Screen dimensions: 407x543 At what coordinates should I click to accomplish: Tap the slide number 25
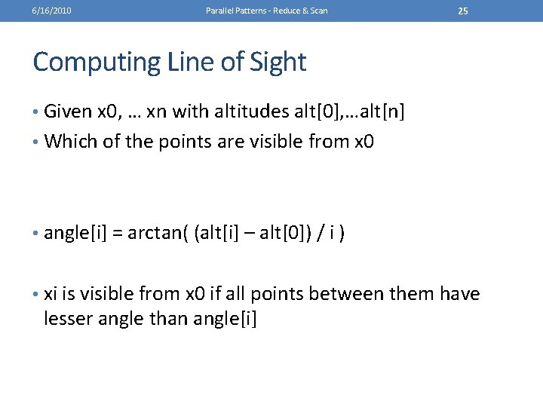click(x=463, y=11)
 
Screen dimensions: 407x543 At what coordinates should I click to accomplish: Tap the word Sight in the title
click(x=279, y=61)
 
